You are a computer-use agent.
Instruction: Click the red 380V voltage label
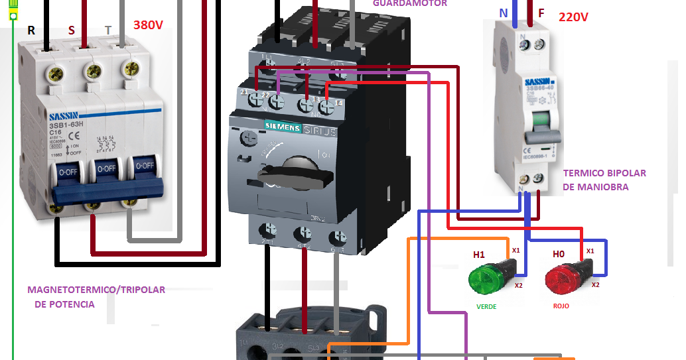[148, 26]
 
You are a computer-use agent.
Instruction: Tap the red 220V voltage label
[573, 17]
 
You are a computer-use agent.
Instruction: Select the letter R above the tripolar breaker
[31, 30]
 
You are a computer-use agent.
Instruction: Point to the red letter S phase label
[72, 30]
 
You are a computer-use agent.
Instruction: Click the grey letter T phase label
[108, 30]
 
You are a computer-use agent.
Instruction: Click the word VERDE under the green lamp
[486, 307]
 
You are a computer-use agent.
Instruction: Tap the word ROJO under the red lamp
[561, 306]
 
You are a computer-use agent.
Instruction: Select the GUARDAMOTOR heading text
[409, 3]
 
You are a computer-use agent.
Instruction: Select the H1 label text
[479, 255]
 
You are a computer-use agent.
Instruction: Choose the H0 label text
[559, 255]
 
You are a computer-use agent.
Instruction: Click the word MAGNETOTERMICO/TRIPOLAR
[96, 290]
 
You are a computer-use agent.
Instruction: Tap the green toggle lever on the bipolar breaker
[541, 121]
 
